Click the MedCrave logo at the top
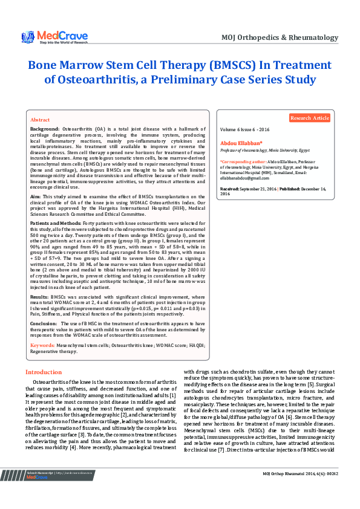click(x=56, y=37)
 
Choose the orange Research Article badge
click(x=309, y=118)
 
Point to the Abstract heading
click(x=40, y=120)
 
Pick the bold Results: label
click(x=39, y=297)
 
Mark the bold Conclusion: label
click(x=44, y=323)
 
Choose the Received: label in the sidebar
click(x=231, y=189)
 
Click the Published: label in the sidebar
click(x=293, y=189)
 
